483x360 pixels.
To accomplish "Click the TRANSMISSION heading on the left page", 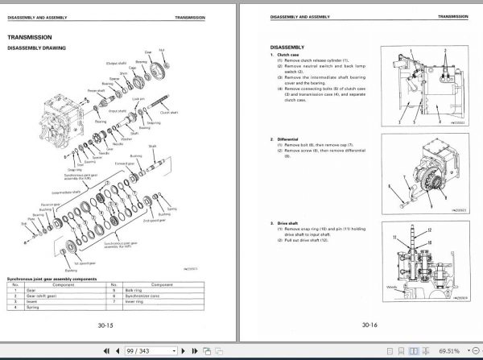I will pos(30,36).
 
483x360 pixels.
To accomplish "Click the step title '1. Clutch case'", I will pos(287,55).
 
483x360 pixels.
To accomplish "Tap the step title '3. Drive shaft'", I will pos(287,222).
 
